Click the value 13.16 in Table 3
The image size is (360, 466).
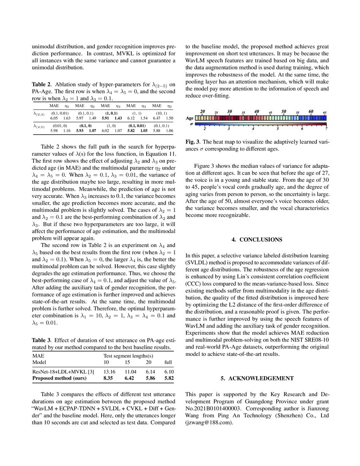click(109, 371)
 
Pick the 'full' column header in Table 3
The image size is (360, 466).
click(169, 363)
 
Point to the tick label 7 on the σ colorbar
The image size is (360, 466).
click(326, 128)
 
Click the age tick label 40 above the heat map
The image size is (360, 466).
click(256, 111)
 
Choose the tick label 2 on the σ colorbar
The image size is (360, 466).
click(205, 128)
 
